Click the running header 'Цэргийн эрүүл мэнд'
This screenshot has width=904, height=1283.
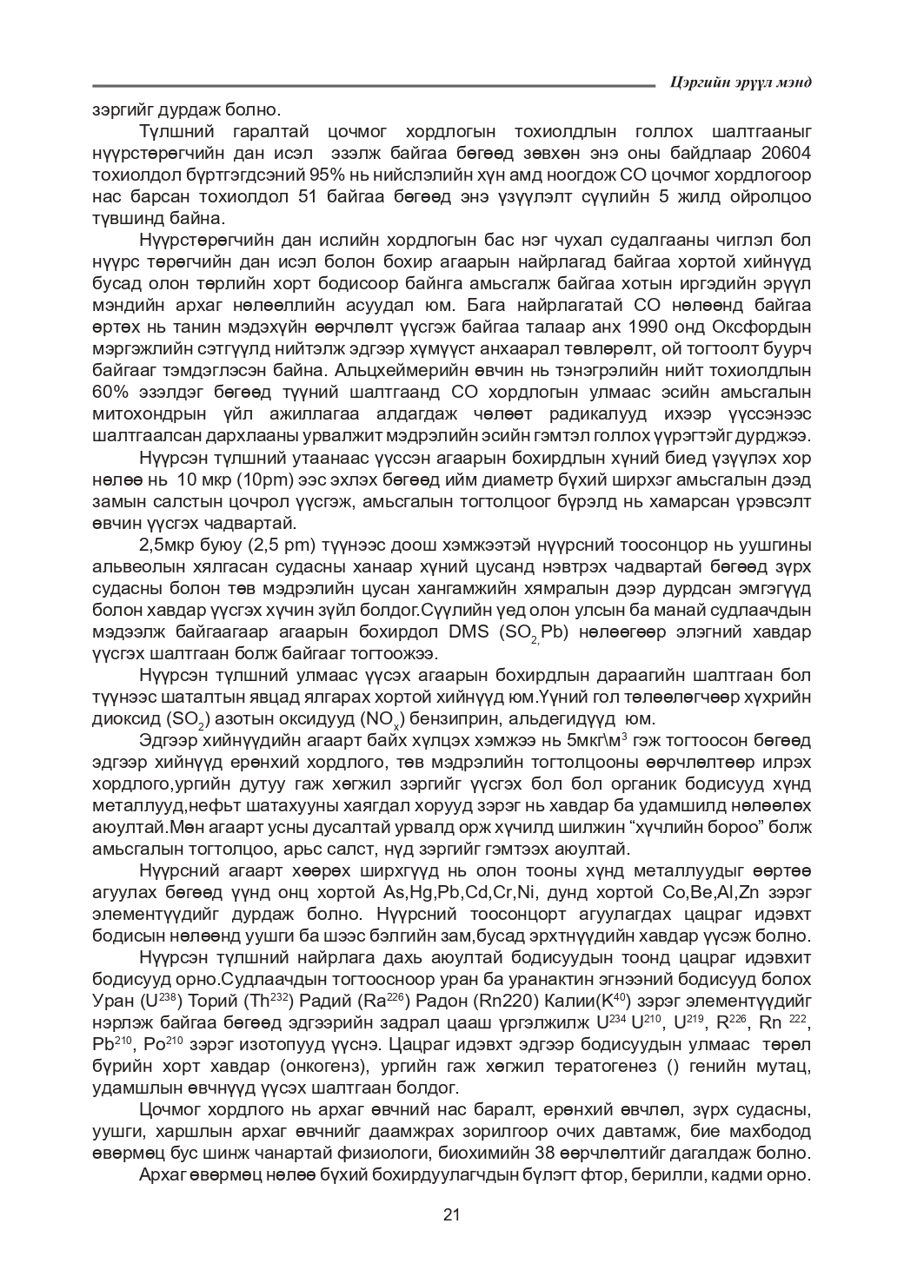click(741, 83)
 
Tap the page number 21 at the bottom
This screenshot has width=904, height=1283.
click(451, 1214)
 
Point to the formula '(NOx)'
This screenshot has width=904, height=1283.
click(382, 720)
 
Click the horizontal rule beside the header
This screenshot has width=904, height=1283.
click(374, 85)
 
